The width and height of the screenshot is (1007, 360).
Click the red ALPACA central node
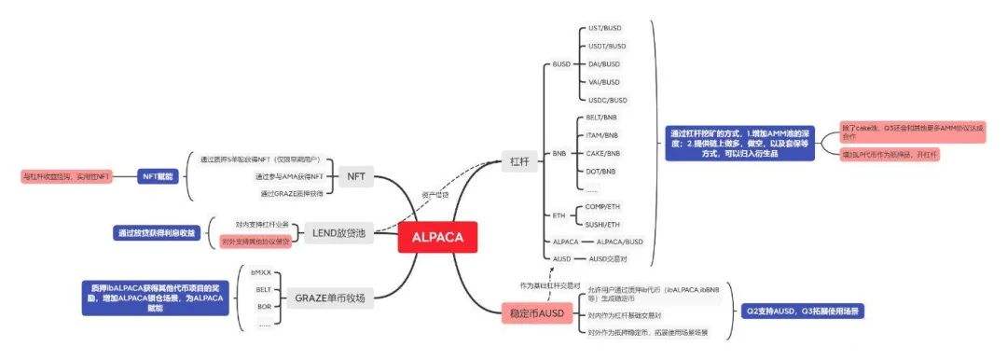pos(437,236)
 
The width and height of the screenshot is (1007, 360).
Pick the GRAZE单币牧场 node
pos(330,298)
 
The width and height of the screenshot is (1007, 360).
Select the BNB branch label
pos(559,152)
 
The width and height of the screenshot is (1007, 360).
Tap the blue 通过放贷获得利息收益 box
pos(157,232)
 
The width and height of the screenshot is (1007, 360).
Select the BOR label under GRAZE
pos(264,306)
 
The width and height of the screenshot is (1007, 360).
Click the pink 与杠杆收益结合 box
pos(66,174)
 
